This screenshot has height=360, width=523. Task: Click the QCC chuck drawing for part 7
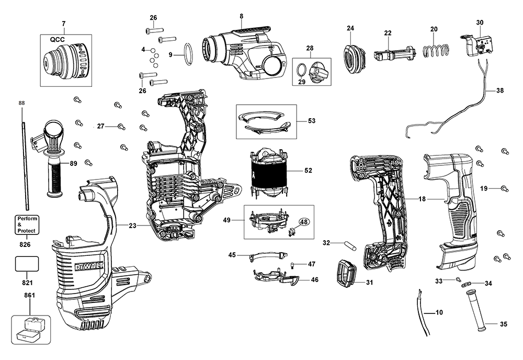click(66, 61)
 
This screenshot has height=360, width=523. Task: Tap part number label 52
click(309, 170)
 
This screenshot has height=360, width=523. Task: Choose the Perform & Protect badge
click(27, 224)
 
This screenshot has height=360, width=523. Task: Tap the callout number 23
click(132, 226)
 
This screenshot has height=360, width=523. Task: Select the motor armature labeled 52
click(270, 172)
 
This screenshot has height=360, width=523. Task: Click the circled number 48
click(304, 221)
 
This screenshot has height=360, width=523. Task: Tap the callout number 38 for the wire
click(499, 90)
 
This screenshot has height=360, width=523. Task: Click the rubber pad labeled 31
click(346, 274)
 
